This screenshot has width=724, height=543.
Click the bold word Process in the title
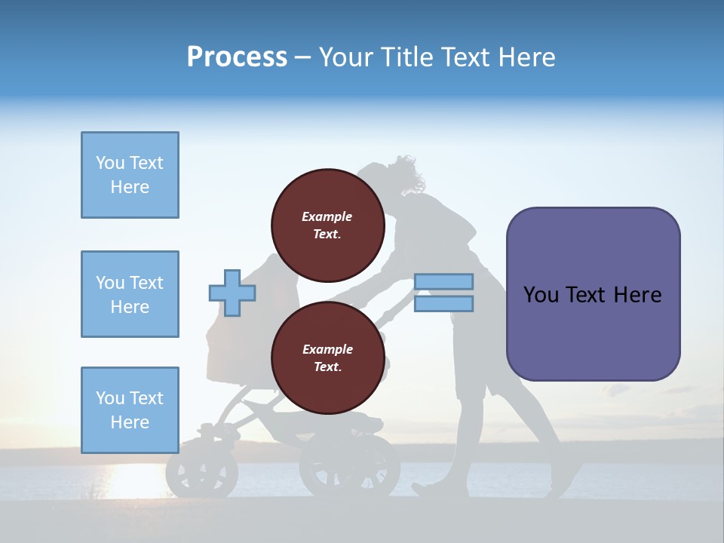pos(237,57)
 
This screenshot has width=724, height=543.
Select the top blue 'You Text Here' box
pos(130,175)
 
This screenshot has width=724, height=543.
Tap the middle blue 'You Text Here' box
pos(130,294)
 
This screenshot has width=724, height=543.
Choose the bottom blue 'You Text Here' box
pos(130,410)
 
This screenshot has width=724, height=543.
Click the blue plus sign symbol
pos(232,293)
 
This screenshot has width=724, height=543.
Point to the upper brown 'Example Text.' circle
pos(328,225)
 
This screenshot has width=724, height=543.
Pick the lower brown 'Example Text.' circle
pos(328,358)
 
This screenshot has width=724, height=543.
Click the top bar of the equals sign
pos(444,281)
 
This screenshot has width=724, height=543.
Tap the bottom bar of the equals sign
pos(444,303)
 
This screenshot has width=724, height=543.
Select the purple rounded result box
pos(593,294)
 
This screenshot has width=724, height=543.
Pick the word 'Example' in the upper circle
pos(327,216)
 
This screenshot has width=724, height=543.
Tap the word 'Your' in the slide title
pos(347,57)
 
